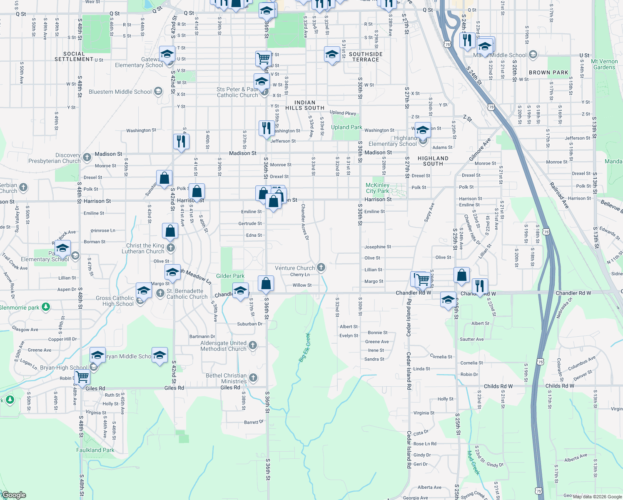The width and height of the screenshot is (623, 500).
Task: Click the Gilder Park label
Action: (230, 276)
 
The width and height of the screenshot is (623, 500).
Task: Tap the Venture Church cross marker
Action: (321, 267)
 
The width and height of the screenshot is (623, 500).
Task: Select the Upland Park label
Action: (346, 127)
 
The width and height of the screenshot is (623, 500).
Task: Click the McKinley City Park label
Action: (377, 188)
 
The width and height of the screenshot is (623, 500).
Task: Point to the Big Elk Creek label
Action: (305, 347)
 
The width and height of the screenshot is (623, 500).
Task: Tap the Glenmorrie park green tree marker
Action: (46, 307)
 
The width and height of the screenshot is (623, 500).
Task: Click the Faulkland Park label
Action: (95, 450)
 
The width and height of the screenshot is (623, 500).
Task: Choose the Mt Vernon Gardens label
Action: (604, 64)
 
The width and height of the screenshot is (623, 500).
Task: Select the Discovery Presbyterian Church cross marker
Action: (87, 157)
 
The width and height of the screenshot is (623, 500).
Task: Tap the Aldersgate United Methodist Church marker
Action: (252, 345)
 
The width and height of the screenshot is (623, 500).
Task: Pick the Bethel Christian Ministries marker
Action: (253, 378)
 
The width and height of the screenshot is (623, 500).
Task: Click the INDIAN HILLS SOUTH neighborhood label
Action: (305, 105)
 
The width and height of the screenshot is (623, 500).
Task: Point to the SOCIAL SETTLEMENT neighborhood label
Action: (74, 57)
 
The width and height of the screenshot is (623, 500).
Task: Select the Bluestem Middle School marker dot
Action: (158, 91)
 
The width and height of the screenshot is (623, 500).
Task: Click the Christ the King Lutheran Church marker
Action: (170, 248)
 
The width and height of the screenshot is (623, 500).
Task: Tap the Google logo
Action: (14, 495)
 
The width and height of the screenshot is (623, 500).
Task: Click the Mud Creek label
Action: (473, 462)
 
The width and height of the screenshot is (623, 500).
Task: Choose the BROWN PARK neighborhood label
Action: (548, 72)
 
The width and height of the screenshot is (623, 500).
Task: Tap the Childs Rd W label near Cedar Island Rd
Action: (498, 386)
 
